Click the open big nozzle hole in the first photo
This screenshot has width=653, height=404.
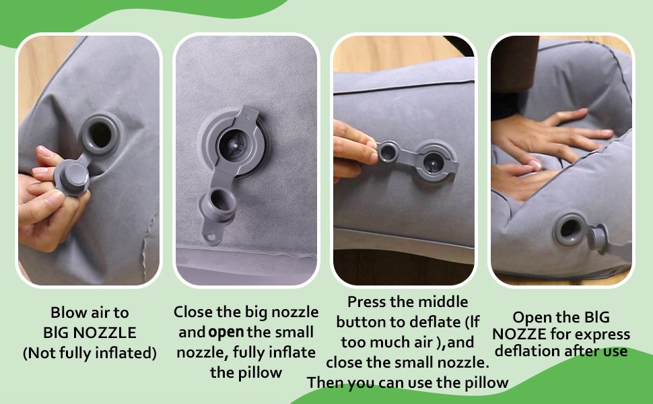[100, 135]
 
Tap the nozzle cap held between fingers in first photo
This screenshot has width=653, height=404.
[72, 177]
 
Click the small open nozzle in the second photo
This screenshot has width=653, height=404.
[218, 204]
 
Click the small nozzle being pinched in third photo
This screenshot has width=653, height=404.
[388, 152]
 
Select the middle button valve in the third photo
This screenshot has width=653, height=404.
[434, 162]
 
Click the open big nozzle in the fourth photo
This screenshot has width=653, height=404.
[569, 229]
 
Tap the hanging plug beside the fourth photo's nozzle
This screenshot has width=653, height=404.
[598, 238]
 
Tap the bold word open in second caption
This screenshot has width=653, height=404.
[226, 333]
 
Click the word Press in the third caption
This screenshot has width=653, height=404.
[366, 302]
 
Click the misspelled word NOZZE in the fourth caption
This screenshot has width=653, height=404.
[519, 334]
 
